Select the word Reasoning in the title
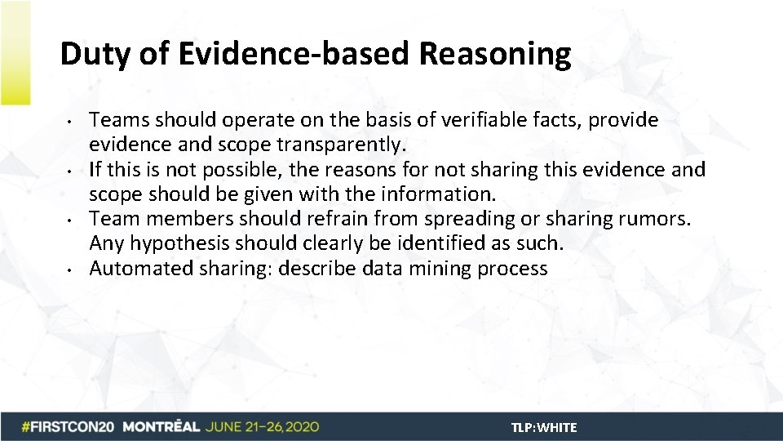[x=496, y=55]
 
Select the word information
[x=448, y=194]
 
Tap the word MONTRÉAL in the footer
[x=162, y=427]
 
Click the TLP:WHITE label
[x=544, y=427]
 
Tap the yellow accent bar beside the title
[x=15, y=53]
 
